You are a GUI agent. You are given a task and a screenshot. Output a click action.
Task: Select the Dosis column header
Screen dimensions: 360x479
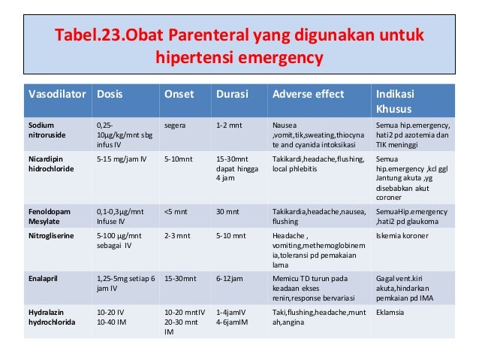(x=110, y=95)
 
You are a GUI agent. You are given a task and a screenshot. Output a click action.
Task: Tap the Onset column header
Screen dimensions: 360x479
(x=179, y=95)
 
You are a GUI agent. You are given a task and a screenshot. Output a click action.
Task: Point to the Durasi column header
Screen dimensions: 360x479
(x=232, y=95)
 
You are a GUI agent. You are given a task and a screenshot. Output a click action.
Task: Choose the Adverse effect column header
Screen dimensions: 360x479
(x=308, y=95)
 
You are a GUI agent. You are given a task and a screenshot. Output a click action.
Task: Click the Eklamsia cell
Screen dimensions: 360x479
(x=390, y=310)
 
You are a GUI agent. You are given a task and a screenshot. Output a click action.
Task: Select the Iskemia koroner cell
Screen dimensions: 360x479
(x=403, y=235)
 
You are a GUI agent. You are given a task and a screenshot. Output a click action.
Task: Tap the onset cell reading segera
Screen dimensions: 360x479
(x=176, y=124)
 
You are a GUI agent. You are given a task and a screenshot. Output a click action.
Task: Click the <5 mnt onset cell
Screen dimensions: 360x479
(x=176, y=212)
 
